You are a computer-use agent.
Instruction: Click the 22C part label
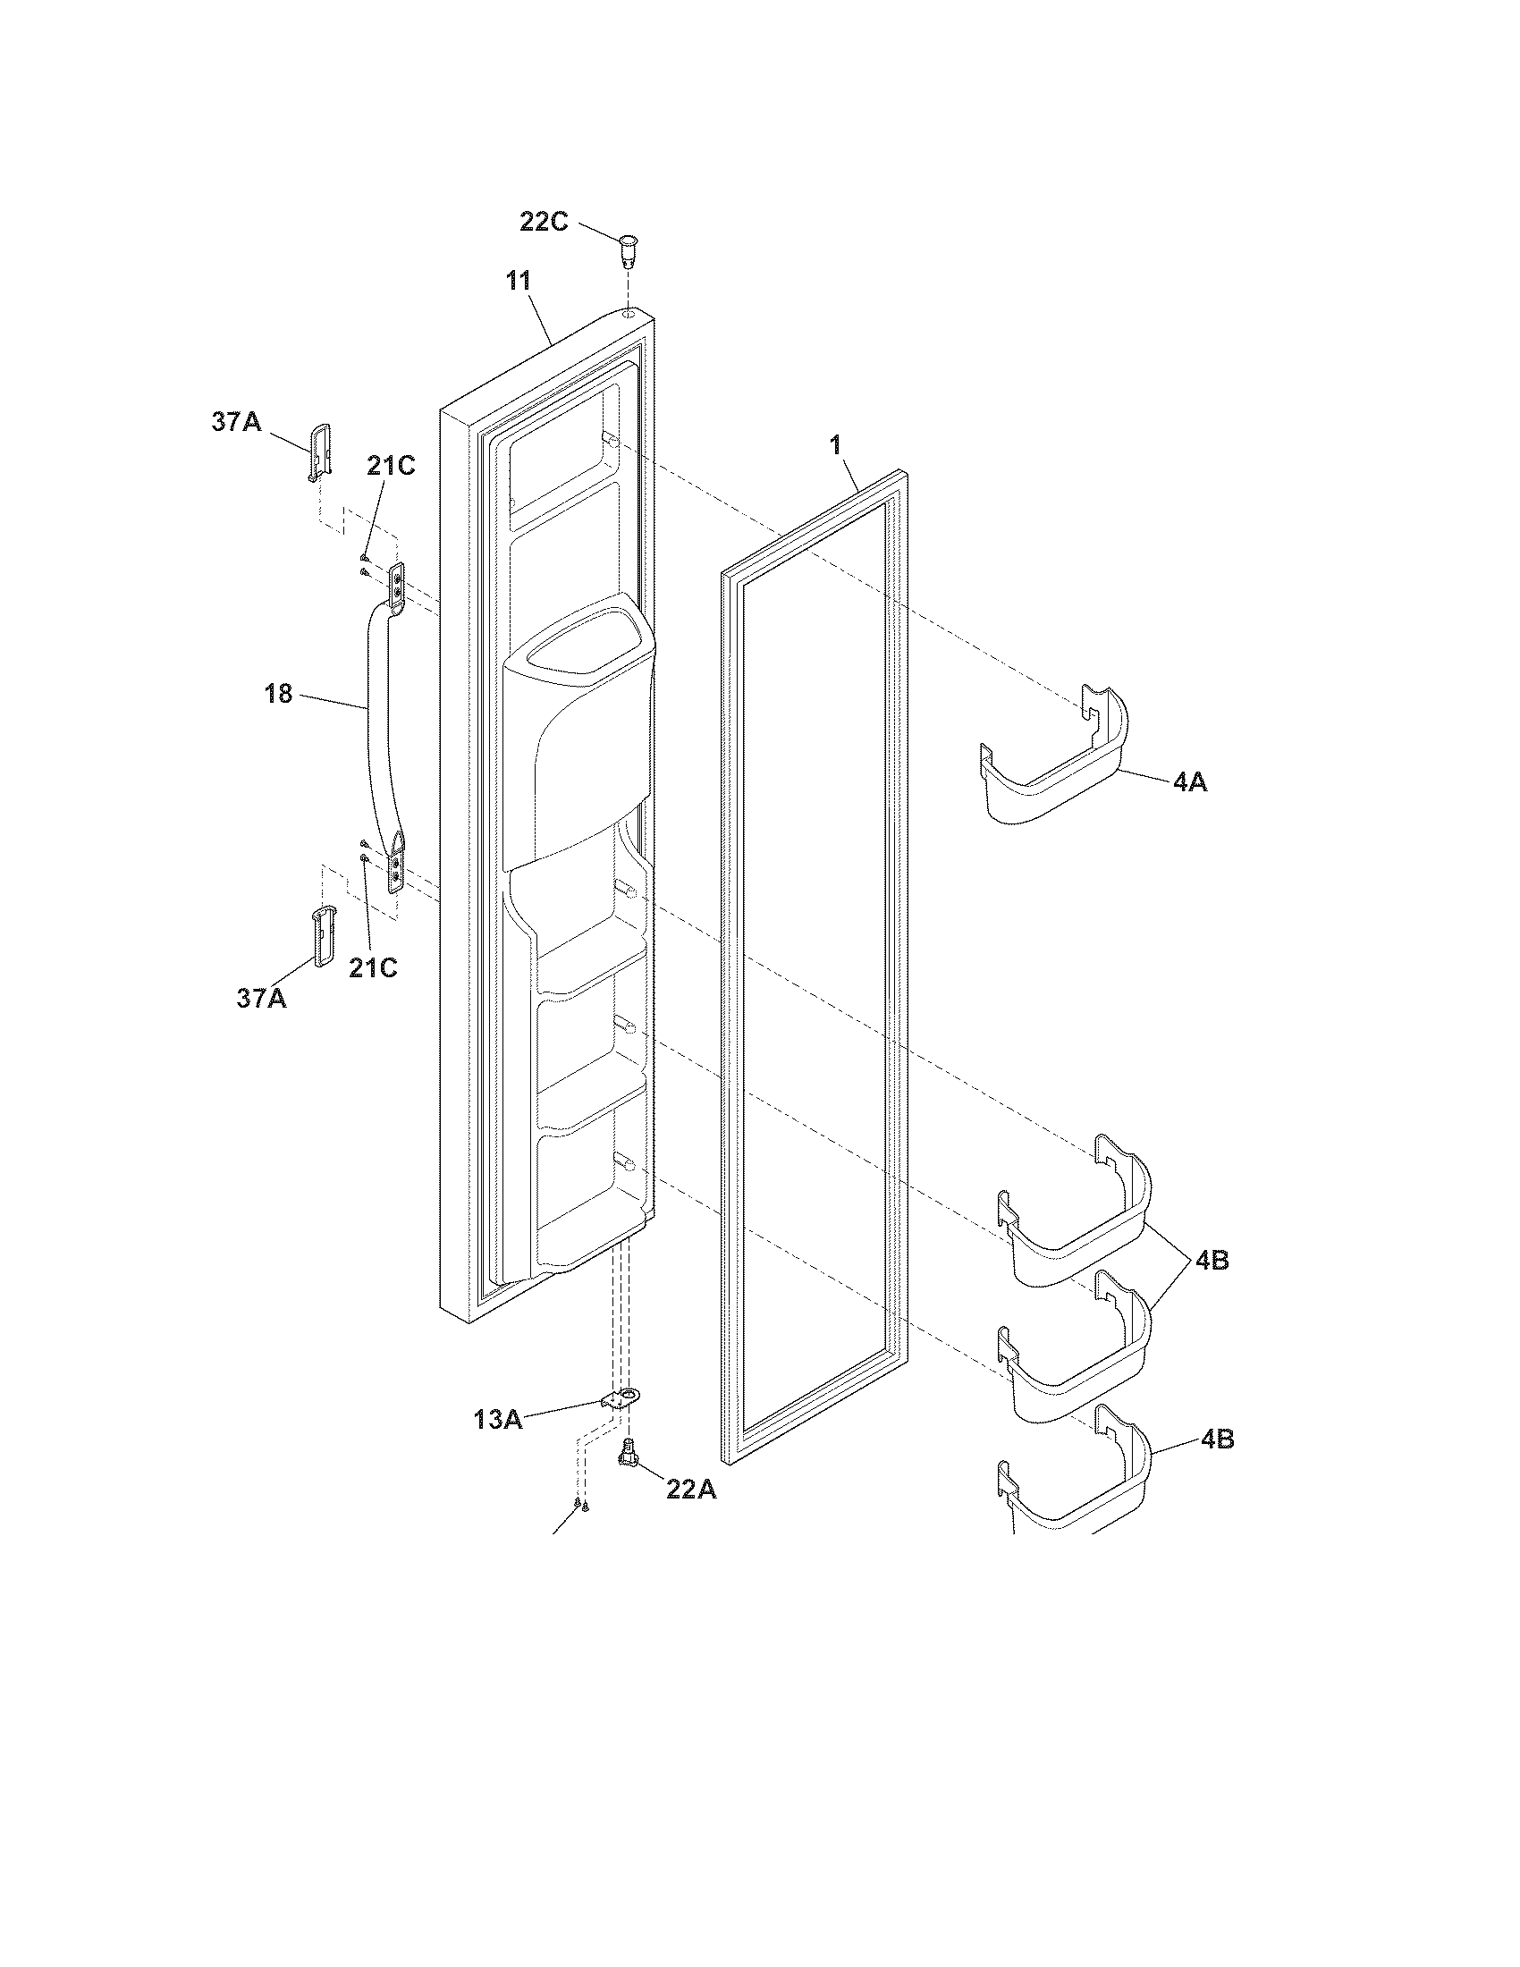click(x=544, y=221)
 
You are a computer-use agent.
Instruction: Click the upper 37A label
click(x=236, y=421)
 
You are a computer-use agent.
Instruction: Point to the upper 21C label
click(x=391, y=467)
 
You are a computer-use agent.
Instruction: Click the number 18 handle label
click(x=279, y=694)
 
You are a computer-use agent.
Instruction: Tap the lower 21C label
click(x=373, y=967)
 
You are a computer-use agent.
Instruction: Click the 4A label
click(x=1189, y=781)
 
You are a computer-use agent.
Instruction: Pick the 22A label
click(x=690, y=1489)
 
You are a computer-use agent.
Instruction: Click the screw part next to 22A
click(x=628, y=1456)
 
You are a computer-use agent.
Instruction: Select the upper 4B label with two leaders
click(x=1212, y=1261)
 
